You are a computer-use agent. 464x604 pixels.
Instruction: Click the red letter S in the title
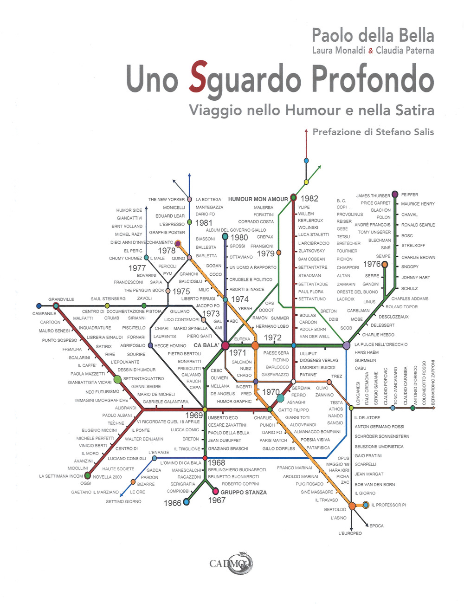point(198,78)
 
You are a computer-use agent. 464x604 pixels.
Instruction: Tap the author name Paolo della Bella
point(373,35)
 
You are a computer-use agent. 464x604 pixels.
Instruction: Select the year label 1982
point(309,199)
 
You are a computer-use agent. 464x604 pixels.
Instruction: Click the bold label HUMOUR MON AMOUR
point(258,199)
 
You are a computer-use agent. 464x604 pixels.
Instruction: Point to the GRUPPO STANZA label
point(244,492)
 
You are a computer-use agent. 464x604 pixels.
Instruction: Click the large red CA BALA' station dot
point(225,345)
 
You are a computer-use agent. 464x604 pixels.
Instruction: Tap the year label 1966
point(172,503)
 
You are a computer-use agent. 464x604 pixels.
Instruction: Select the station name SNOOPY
point(410,266)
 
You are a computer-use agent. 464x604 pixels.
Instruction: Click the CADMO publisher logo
point(231,564)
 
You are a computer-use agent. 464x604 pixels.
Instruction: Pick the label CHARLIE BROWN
point(418,257)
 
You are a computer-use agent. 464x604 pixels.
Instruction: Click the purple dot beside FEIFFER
point(395,194)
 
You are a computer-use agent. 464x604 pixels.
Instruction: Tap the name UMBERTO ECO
point(223,418)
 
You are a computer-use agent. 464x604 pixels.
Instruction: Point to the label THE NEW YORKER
point(166,200)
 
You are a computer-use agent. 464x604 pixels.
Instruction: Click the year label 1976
point(372,264)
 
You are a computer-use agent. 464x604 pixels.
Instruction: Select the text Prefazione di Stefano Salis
point(373,132)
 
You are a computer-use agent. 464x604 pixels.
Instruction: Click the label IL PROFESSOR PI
point(388,505)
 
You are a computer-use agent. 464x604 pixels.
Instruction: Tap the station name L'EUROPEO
point(350,533)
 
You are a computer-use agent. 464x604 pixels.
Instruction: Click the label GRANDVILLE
point(61,299)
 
